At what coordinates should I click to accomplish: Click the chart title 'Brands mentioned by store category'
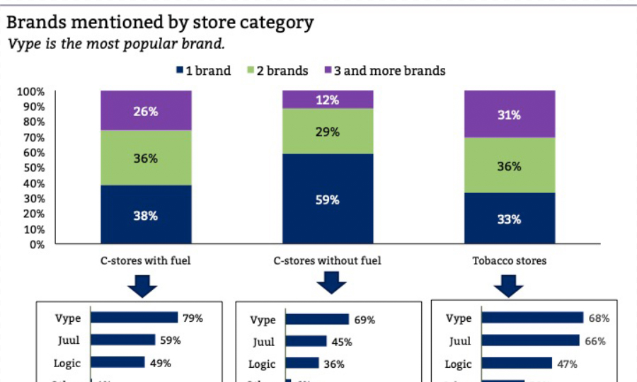coord(160,22)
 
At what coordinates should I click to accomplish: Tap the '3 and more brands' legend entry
coord(385,71)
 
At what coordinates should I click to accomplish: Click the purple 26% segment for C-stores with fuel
coord(146,110)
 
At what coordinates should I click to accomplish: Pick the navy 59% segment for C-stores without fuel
coord(328,199)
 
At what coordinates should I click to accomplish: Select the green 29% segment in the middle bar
coord(328,132)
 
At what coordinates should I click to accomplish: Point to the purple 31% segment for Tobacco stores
coord(510,115)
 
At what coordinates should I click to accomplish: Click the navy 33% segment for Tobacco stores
coord(510,219)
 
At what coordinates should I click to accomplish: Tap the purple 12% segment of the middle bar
coord(328,100)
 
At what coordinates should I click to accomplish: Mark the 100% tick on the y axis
coord(30,91)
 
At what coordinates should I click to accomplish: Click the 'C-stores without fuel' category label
coord(328,260)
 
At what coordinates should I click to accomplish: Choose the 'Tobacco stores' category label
coord(510,260)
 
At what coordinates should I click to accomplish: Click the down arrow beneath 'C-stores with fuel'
coord(142,284)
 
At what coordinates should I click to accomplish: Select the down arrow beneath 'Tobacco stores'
coord(507,284)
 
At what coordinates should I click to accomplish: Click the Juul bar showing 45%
coord(306,342)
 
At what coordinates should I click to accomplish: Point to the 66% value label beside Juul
coord(595,341)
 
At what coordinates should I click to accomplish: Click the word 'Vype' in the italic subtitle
coord(22,44)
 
